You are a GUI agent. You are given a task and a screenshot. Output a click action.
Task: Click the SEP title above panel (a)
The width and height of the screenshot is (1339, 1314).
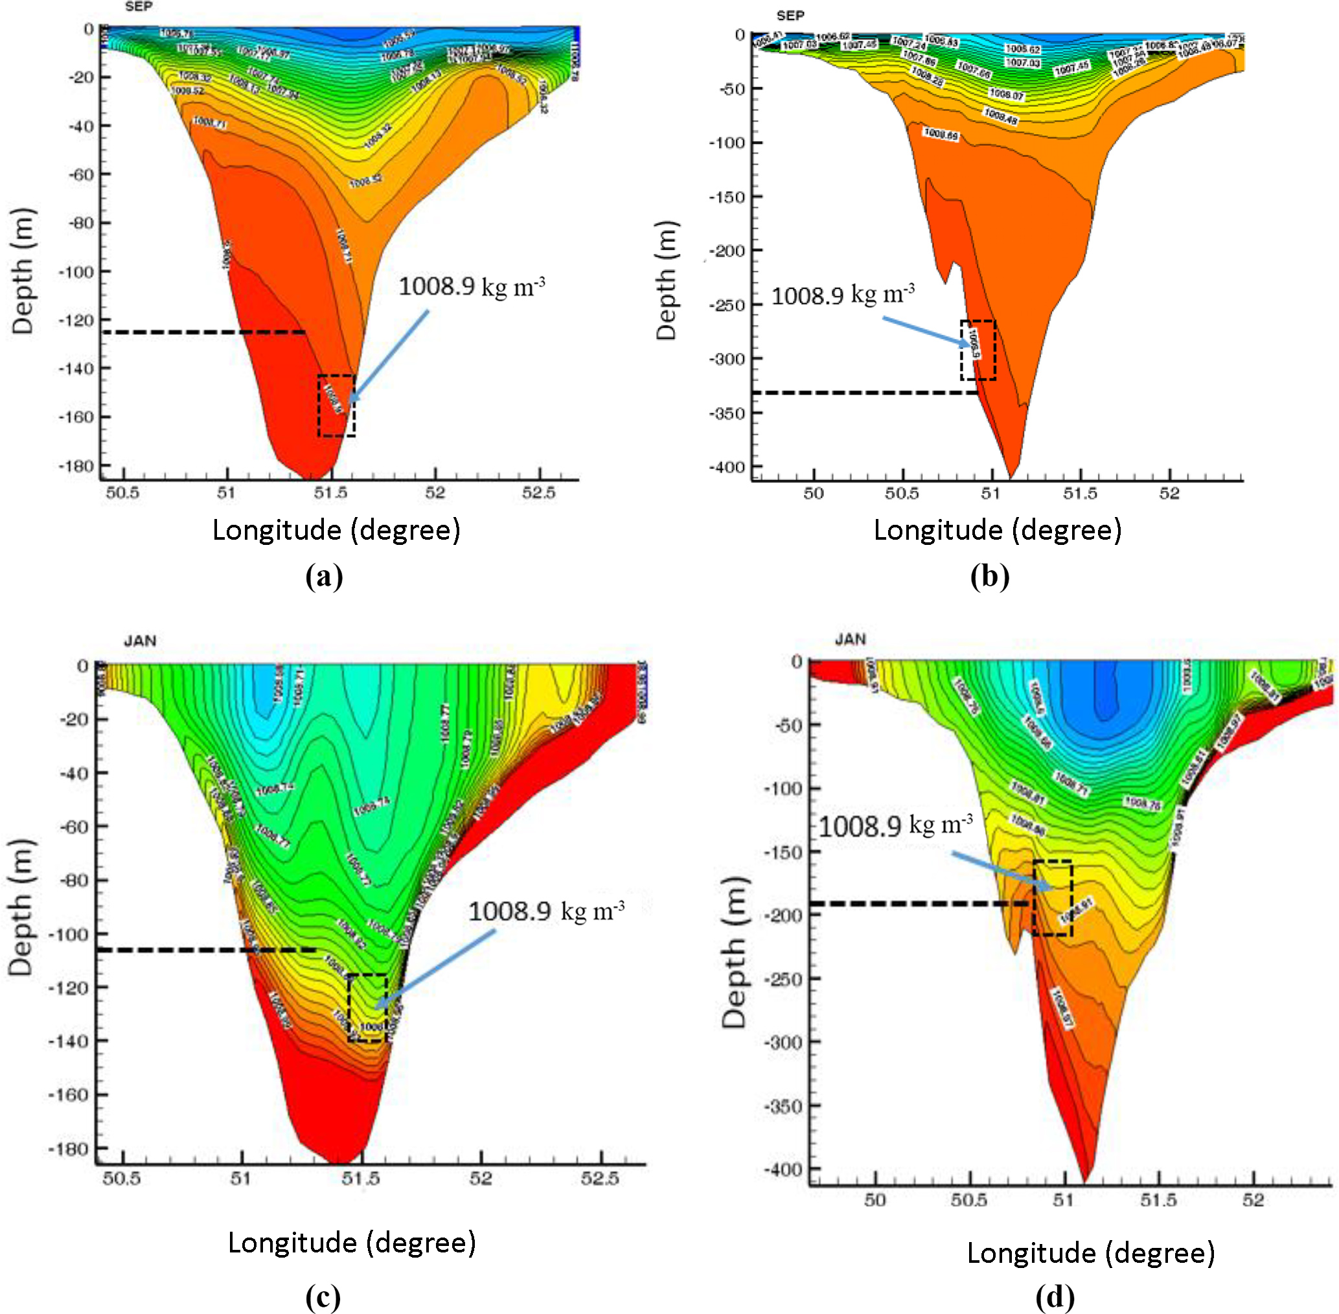pos(139,7)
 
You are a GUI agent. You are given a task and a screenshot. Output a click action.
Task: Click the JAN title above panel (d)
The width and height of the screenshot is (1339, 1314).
pos(851,639)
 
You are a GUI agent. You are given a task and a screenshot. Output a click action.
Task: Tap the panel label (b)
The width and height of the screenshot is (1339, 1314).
pos(989,576)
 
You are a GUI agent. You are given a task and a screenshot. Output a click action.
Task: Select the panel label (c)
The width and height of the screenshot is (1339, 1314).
pos(323,1297)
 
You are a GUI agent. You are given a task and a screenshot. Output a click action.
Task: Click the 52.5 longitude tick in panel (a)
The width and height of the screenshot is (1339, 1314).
pos(539,492)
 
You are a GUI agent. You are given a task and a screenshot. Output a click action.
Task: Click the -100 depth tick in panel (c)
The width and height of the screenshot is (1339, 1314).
pos(69,934)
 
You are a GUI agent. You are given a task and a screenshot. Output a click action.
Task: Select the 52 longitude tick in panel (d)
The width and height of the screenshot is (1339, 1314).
pos(1253,1200)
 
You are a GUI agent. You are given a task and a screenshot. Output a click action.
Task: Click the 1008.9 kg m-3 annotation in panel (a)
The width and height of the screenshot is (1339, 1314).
pos(472,286)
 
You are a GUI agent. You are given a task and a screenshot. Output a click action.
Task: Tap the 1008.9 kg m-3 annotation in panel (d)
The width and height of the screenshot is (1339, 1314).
pos(895,825)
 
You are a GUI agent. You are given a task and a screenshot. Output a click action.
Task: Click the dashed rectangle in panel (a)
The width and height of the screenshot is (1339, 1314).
pos(337,406)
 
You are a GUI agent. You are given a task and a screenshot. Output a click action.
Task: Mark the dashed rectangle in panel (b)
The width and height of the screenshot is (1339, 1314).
pos(978,350)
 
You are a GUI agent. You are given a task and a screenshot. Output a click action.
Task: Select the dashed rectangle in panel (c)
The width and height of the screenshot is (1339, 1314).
pos(367,1008)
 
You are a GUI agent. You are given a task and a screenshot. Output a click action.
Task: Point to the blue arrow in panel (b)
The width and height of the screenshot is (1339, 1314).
pos(926,331)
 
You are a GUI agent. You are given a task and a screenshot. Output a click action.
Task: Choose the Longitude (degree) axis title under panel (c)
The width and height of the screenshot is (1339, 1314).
pos(352,1242)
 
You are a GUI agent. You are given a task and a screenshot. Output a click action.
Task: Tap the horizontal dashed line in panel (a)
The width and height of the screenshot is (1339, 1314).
pos(203,332)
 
